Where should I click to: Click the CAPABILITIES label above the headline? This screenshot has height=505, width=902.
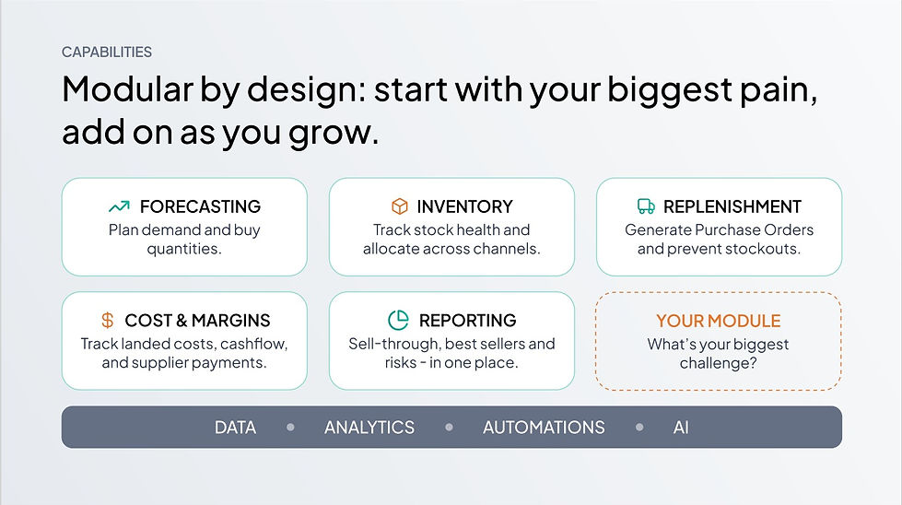(107, 52)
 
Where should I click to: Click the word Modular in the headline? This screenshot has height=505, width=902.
(128, 89)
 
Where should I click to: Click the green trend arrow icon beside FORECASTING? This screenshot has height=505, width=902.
(119, 206)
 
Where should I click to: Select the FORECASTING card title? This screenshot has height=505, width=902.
(200, 206)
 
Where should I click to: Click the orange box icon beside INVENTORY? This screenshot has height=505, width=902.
(400, 206)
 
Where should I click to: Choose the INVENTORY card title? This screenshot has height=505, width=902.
(464, 206)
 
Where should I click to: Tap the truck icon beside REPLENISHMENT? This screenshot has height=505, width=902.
(646, 206)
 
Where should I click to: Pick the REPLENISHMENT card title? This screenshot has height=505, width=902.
(732, 206)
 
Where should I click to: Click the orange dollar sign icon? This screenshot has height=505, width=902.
(108, 320)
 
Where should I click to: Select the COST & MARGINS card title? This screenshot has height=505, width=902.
(197, 321)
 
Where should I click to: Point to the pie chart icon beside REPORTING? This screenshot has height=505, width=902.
(398, 320)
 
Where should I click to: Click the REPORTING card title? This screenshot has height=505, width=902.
(468, 321)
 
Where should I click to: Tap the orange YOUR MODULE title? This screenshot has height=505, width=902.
(719, 321)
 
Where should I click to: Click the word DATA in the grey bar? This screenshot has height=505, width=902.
(235, 428)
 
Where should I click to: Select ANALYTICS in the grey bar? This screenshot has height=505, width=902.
(369, 428)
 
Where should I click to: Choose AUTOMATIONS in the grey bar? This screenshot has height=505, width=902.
(544, 428)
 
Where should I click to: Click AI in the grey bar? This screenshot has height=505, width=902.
(681, 428)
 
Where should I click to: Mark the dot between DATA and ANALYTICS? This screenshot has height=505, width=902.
(290, 428)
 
